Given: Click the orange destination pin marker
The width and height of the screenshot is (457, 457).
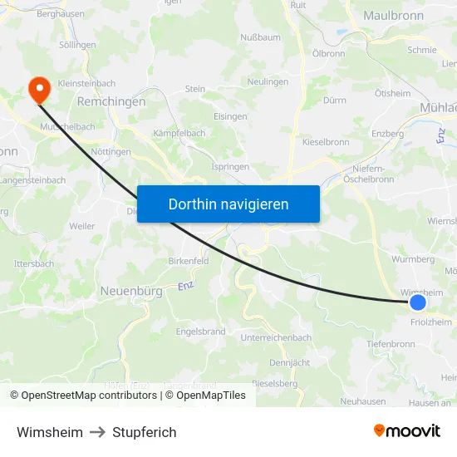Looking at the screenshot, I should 38,89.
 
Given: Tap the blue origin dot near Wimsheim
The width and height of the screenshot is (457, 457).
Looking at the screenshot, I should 418,303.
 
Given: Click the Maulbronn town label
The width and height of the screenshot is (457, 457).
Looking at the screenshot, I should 394,15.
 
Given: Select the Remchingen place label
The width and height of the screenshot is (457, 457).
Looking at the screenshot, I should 111,101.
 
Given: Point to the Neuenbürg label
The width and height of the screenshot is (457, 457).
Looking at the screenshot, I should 130,291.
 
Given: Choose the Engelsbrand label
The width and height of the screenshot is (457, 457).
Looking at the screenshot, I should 200,331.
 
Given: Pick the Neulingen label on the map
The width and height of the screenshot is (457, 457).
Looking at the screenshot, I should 268,82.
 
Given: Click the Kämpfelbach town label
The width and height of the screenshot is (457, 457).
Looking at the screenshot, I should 179,133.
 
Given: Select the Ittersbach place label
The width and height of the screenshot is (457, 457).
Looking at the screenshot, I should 34,263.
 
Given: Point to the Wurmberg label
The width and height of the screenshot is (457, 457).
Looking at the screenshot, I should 413,259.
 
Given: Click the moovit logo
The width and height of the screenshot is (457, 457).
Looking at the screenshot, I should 407,431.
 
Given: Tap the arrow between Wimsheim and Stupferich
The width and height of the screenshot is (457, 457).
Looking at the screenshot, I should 98,432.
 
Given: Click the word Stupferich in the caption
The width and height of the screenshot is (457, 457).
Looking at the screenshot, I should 145,432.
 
